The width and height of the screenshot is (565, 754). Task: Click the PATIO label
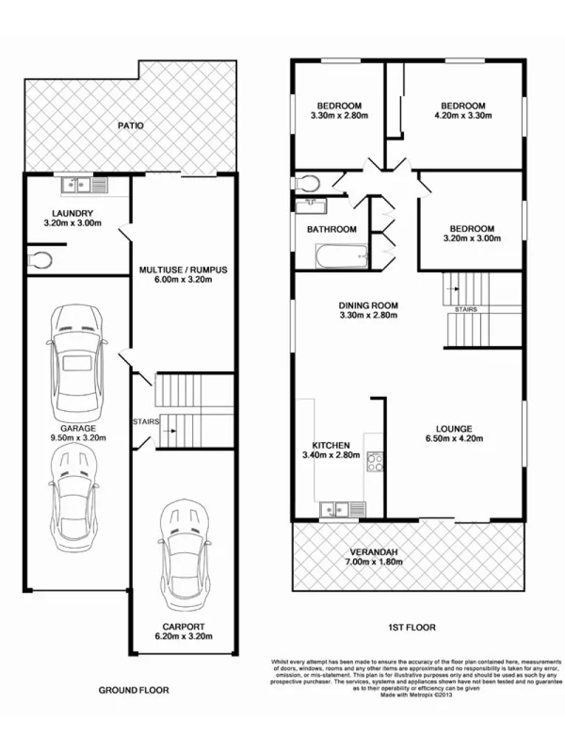point(130,124)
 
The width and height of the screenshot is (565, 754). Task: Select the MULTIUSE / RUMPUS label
point(183,270)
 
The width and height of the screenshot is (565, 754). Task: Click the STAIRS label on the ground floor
point(146,421)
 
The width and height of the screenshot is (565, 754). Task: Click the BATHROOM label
point(331,229)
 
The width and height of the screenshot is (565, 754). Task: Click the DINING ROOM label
point(369,305)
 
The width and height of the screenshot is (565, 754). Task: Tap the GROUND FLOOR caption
point(134,690)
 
